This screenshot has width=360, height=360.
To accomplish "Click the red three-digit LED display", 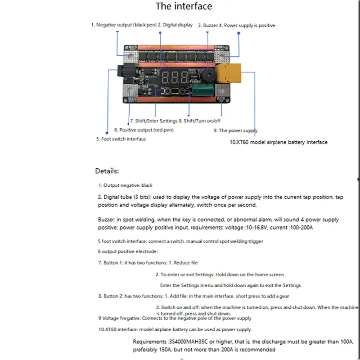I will [172, 77].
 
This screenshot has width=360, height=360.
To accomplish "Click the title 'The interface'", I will [184, 6].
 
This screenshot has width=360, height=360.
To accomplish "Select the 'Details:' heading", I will [107, 171].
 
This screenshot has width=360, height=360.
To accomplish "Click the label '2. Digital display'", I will [175, 25].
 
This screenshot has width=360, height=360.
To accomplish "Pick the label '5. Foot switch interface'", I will [121, 139].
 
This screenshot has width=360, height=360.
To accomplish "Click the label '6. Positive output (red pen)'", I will [144, 130].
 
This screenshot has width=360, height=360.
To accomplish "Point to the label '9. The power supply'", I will [235, 130].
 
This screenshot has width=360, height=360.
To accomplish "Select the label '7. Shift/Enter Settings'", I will [153, 121].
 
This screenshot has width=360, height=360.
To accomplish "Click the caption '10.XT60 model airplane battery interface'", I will [279, 142].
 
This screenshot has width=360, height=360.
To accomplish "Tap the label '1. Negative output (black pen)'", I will [124, 25].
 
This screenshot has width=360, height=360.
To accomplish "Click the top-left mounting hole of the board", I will [131, 57].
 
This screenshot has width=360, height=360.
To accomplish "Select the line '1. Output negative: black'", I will [126, 185].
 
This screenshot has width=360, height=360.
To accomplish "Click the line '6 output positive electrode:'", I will [128, 252].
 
